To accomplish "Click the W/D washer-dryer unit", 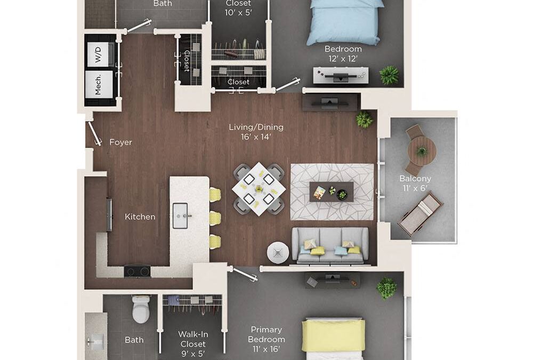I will [100, 54].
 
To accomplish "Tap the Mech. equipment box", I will [100, 84].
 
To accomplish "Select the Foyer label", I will [120, 142].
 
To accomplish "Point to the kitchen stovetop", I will [137, 270].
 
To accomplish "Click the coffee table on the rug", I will [331, 191].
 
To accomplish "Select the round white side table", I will [277, 252].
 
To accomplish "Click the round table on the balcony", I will [422, 151].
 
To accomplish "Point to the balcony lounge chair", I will [420, 214].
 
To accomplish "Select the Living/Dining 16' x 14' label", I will [256, 132].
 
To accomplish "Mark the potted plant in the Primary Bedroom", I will [386, 288].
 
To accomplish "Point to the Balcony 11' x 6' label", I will [415, 183].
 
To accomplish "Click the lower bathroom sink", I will [97, 339].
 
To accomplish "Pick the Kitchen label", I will [140, 217].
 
